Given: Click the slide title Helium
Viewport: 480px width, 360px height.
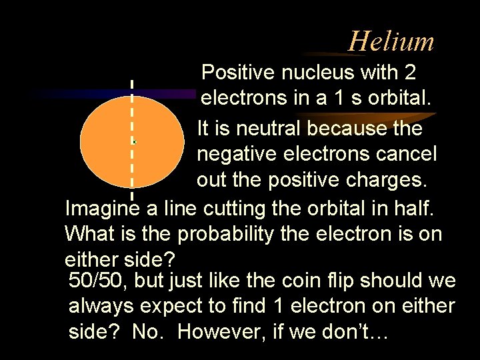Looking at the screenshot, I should pos(391,41).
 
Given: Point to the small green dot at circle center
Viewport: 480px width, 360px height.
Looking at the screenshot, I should pos(134,142).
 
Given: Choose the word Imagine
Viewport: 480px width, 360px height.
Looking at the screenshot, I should pos(103,209).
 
